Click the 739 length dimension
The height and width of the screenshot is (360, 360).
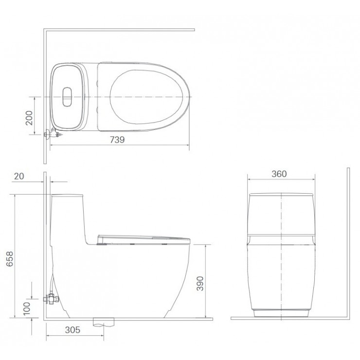tap(117, 140)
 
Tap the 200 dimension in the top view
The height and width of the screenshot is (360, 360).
tap(29, 118)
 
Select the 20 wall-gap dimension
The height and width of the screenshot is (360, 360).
tap(19, 176)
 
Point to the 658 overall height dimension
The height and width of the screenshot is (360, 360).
tap(9, 259)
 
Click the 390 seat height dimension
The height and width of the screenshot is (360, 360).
tap(200, 283)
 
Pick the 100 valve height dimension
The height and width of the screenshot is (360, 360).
tap(27, 308)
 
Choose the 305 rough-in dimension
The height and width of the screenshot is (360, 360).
tap(72, 330)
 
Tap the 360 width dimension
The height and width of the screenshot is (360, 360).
tap(279, 174)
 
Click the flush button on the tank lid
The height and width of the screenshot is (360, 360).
tap(67, 97)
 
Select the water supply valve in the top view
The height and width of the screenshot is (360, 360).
tap(53, 134)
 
